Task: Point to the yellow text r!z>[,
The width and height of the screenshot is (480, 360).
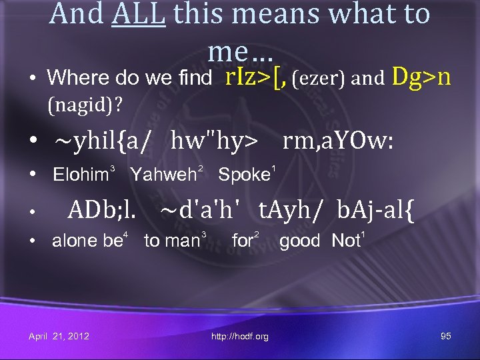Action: tap(256, 77)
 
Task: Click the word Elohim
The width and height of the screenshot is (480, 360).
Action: tap(80, 175)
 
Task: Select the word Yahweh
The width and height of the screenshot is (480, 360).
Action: tap(163, 175)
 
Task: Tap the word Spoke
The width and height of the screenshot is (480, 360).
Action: tap(243, 175)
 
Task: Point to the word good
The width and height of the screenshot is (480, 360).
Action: tap(299, 241)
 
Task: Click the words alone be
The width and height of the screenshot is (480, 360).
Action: tap(85, 241)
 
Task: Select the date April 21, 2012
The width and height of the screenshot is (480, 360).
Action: tap(59, 336)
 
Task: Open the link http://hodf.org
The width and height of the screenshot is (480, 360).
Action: tap(240, 337)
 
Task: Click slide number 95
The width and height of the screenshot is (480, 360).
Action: tap(446, 336)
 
